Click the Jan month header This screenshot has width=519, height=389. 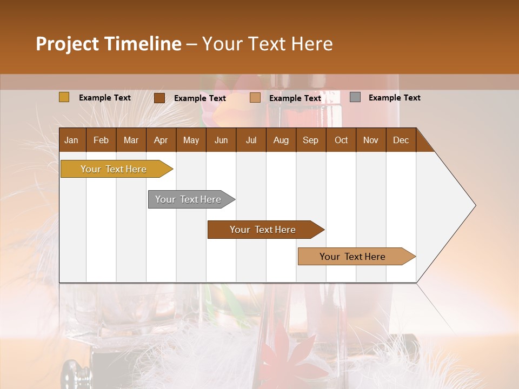pyautogui.click(x=72, y=140)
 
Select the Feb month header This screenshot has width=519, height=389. pyautogui.click(x=101, y=140)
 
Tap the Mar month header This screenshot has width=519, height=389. pyautogui.click(x=131, y=140)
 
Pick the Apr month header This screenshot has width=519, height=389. pyautogui.click(x=161, y=140)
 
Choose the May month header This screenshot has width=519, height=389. pyautogui.click(x=191, y=140)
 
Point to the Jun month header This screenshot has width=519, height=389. pyautogui.click(x=221, y=140)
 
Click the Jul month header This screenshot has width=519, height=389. pyautogui.click(x=251, y=140)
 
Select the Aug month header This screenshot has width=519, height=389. pyautogui.click(x=281, y=140)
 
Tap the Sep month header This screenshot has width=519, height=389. pyautogui.click(x=311, y=140)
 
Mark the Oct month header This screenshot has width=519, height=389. pyautogui.click(x=341, y=140)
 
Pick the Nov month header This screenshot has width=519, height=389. pyautogui.click(x=371, y=140)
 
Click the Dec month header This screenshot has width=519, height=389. pyautogui.click(x=401, y=140)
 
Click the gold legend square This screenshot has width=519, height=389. pyautogui.click(x=64, y=97)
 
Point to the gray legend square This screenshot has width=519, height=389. pyautogui.click(x=355, y=97)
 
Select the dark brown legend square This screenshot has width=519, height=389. pyautogui.click(x=159, y=98)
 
